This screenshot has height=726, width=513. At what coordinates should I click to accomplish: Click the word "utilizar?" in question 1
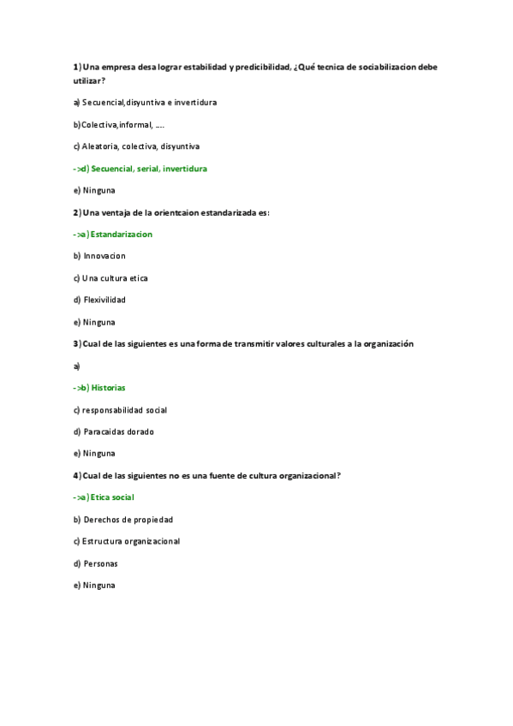89,80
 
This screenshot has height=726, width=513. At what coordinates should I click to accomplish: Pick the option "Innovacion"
104,256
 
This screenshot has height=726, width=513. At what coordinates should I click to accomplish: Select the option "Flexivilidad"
104,300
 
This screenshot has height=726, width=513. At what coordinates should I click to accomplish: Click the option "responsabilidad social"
124,410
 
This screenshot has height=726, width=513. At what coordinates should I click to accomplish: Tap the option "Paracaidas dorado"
118,431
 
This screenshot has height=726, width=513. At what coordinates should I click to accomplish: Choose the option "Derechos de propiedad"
128,519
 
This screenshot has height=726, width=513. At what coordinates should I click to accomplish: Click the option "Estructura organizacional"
130,541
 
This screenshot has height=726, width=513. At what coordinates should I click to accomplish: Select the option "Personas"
100,563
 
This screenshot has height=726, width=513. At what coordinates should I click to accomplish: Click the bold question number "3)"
77,344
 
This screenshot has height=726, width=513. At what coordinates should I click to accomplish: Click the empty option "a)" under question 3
77,366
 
